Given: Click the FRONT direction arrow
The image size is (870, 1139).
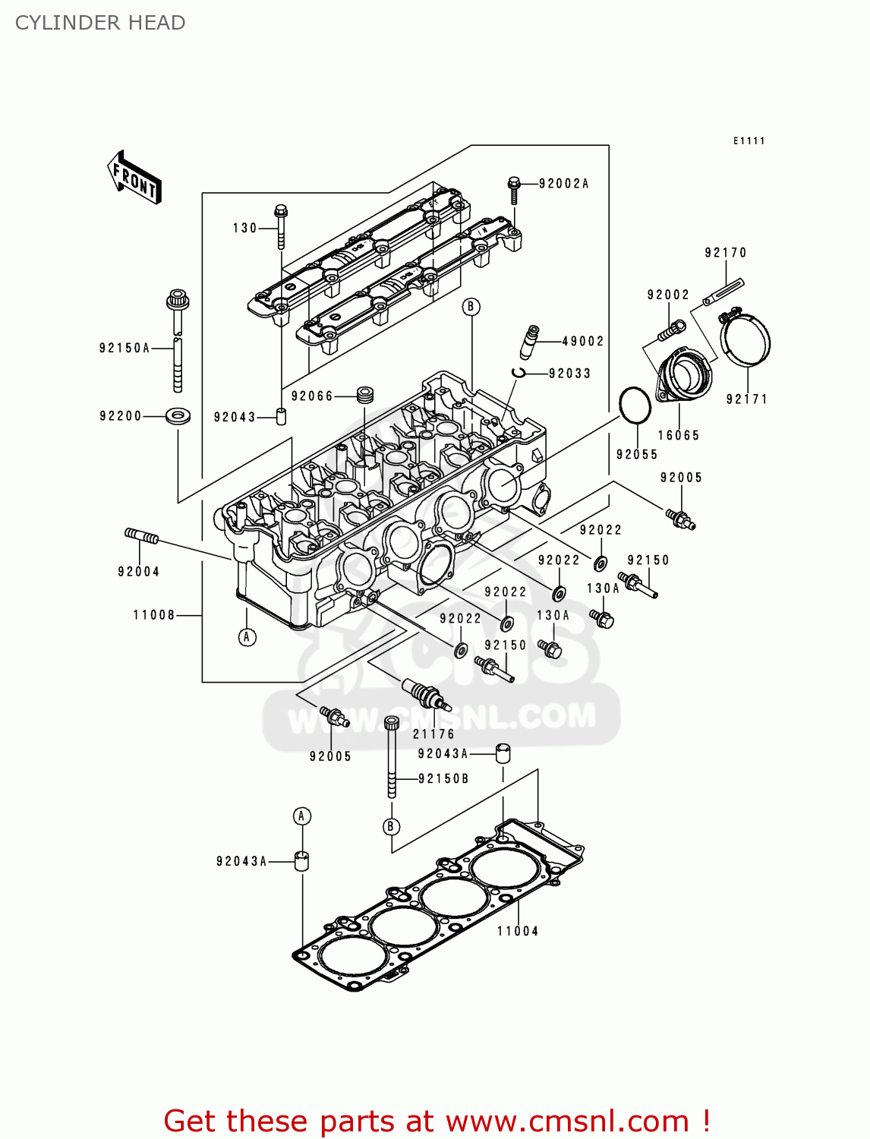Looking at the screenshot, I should [x=135, y=177].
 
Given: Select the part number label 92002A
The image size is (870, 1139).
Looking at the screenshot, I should [x=563, y=184].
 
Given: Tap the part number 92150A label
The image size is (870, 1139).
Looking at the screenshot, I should [x=125, y=349].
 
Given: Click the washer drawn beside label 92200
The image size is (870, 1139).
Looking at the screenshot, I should [x=178, y=415].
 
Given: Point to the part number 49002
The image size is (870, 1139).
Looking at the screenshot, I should [x=582, y=342].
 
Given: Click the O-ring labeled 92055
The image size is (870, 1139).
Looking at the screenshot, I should [x=635, y=405].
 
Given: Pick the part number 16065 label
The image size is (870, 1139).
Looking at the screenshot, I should [x=678, y=436].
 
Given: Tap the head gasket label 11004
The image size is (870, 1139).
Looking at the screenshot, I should [x=518, y=932].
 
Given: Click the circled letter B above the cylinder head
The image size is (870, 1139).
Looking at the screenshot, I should [x=471, y=307].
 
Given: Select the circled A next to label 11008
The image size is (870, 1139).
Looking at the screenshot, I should [x=247, y=637].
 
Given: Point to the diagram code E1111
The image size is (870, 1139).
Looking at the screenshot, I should [x=749, y=141].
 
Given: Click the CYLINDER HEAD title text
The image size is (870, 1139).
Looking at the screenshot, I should [x=100, y=23].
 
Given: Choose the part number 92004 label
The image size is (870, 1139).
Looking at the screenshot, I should [x=138, y=572].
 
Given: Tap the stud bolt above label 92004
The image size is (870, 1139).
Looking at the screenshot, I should [x=141, y=536].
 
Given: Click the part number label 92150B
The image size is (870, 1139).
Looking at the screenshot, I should [x=443, y=779].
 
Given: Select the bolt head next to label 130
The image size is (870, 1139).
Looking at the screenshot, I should [x=280, y=210].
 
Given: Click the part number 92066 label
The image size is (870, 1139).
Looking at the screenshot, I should [x=312, y=396].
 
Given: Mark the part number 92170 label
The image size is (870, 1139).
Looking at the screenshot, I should [x=725, y=253].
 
